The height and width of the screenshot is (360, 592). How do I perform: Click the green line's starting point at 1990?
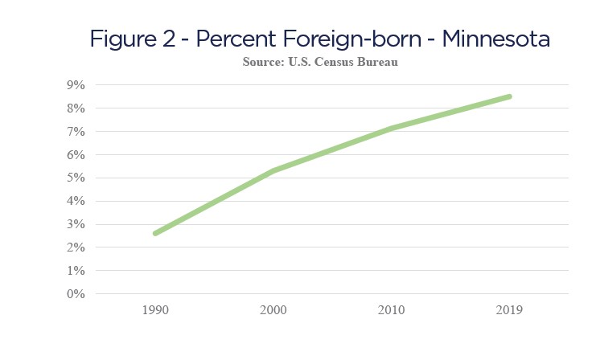coord(154,233)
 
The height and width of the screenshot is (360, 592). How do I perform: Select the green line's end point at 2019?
coord(509,96)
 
